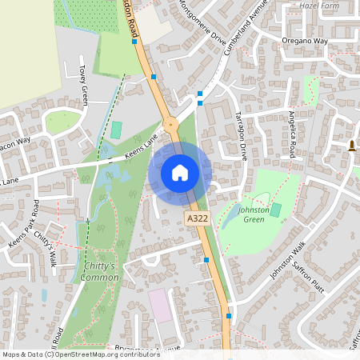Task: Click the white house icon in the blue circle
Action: [180, 173]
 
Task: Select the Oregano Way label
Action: [305, 39]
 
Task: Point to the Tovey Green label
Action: [83, 85]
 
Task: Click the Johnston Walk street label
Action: [288, 260]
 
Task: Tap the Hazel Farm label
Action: [319, 5]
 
